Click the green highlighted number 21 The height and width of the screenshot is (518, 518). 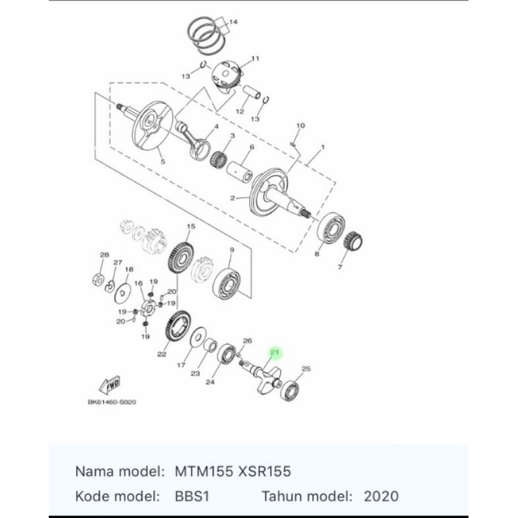[275, 352]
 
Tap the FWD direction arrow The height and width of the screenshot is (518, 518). [110, 385]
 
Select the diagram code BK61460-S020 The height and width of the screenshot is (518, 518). [112, 402]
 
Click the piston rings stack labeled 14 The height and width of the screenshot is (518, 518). [207, 35]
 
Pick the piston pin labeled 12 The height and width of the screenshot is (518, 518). [251, 93]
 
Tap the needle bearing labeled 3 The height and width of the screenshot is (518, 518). [219, 159]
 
